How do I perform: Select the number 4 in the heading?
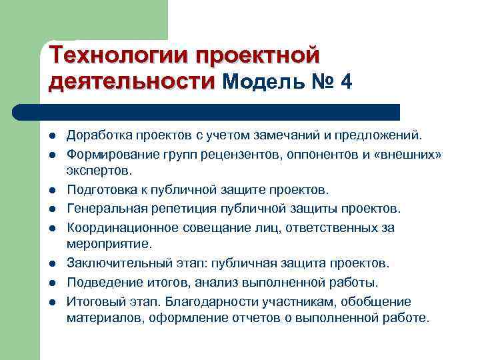(345, 82)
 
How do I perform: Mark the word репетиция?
(177, 209)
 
